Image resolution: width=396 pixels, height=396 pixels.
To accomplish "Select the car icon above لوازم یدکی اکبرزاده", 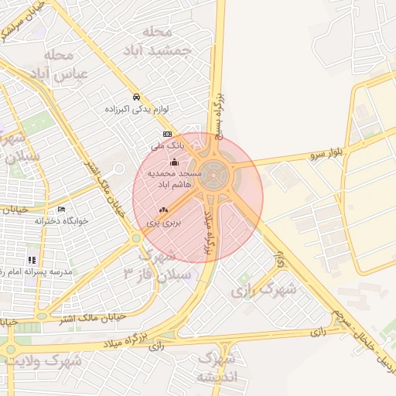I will point(136,97).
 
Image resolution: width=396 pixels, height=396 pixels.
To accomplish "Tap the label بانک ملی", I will point(167,145).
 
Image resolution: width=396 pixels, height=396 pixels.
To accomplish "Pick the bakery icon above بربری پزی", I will point(162,210).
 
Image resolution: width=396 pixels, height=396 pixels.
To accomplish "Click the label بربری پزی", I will point(163,222).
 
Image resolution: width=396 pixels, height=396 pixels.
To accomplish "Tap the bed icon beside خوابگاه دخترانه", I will point(61,209).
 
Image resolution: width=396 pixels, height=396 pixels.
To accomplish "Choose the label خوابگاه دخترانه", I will point(62,220).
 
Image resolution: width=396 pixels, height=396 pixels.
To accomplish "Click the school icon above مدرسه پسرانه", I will point(32,260).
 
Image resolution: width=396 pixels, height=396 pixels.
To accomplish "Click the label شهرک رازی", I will point(264,290).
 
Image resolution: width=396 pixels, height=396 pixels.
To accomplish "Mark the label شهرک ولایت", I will point(53,360).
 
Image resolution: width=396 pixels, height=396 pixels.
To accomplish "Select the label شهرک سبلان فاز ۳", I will point(151,264).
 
